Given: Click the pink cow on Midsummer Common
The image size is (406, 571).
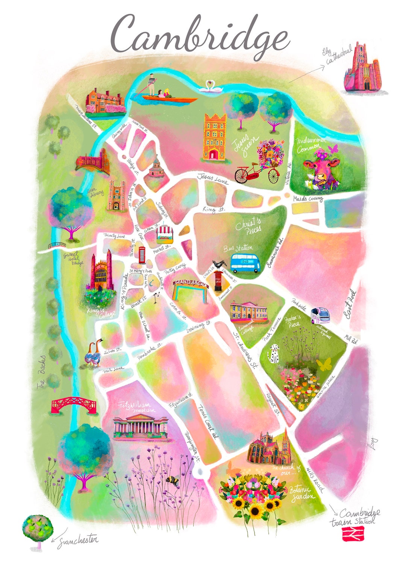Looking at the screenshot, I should point(321,171).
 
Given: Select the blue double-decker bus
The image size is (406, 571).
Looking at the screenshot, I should point(245,263).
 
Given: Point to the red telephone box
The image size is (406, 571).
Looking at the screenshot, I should point(142,255).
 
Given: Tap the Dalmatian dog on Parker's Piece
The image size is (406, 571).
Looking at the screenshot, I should point(273,354).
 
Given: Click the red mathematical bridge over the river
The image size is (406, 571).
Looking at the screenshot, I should point(74,405).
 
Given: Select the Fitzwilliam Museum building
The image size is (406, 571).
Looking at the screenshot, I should point(140,426).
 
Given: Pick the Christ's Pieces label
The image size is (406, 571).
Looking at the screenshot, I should point(248,226).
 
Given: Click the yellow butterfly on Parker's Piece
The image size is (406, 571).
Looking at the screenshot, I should point(324,364).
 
